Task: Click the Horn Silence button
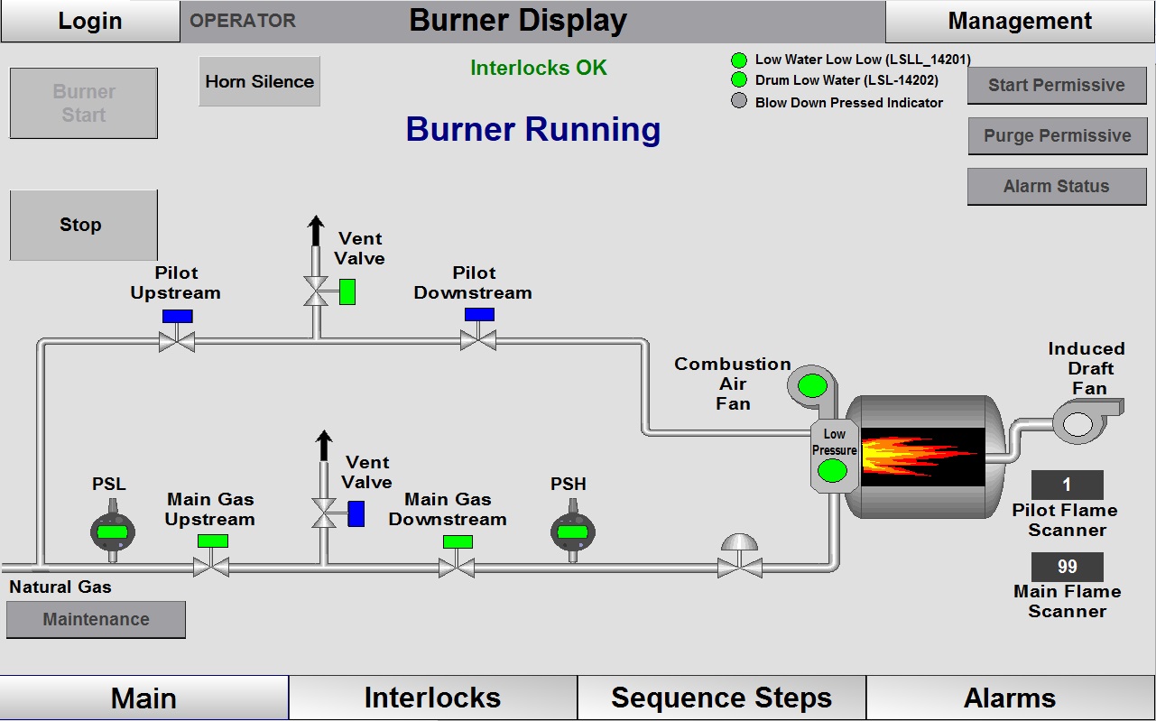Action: (x=260, y=81)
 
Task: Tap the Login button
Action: (x=90, y=21)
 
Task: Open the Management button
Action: (x=1020, y=21)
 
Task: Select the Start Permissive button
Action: (x=1056, y=86)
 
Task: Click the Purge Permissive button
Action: (x=1056, y=136)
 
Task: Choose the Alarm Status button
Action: (x=1056, y=187)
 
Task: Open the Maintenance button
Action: (x=96, y=620)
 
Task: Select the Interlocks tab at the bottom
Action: (x=432, y=698)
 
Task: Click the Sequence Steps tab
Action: (x=721, y=698)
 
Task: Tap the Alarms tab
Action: (x=1010, y=698)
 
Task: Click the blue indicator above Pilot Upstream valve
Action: (x=177, y=316)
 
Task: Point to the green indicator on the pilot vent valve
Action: (x=347, y=292)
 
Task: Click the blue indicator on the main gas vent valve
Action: (x=356, y=513)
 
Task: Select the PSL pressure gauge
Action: (x=113, y=532)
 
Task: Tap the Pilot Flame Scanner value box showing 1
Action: (x=1067, y=485)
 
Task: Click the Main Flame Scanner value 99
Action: (x=1067, y=567)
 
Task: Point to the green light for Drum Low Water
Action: (x=739, y=80)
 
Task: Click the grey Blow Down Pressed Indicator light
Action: (x=739, y=101)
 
